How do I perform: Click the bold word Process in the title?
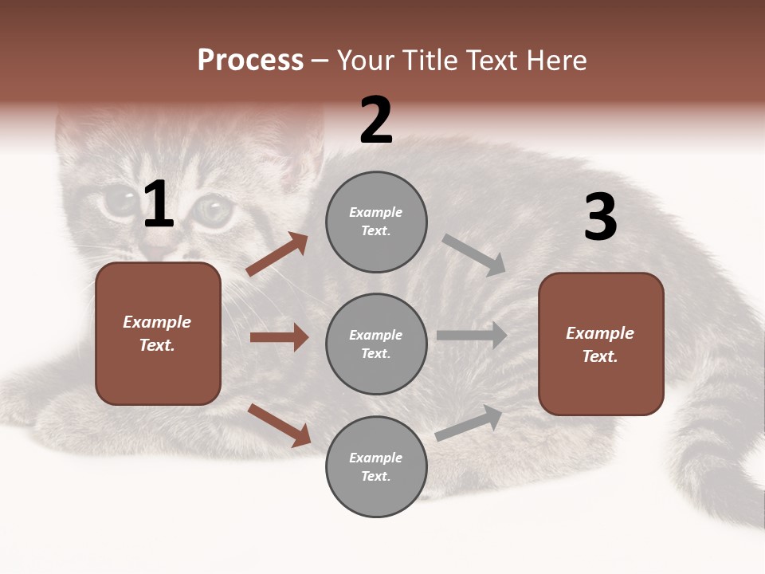pyautogui.click(x=250, y=61)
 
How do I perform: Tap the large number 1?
pyautogui.click(x=159, y=205)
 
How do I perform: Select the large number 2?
pyautogui.click(x=376, y=120)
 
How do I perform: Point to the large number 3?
pyautogui.click(x=600, y=218)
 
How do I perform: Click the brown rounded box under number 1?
pyautogui.click(x=158, y=333)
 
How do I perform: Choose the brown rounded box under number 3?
pyautogui.click(x=601, y=344)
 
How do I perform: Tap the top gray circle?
pyautogui.click(x=376, y=222)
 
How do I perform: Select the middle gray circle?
pyautogui.click(x=376, y=344)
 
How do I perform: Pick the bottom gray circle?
pyautogui.click(x=376, y=466)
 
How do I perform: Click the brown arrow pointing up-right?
pyautogui.click(x=277, y=254)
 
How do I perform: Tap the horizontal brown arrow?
pyautogui.click(x=279, y=337)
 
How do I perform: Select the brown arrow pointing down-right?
pyautogui.click(x=279, y=425)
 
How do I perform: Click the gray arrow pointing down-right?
pyautogui.click(x=474, y=255)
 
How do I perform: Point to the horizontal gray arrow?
pyautogui.click(x=472, y=336)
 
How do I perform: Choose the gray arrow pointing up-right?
pyautogui.click(x=469, y=423)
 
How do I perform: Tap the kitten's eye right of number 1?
pyautogui.click(x=212, y=210)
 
